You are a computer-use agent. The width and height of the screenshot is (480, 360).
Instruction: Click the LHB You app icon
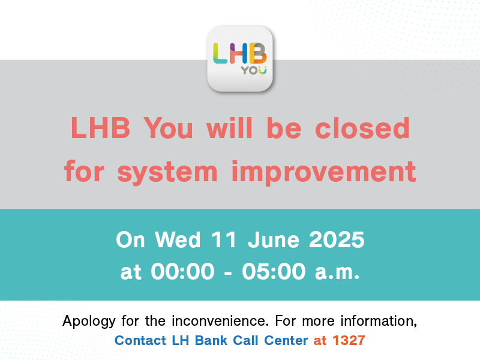coord(240,59)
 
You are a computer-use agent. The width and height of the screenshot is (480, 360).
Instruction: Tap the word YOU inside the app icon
coord(254,70)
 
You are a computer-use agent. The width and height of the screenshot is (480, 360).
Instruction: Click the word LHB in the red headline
coord(100,128)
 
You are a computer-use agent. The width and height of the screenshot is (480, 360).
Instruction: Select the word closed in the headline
coord(362,128)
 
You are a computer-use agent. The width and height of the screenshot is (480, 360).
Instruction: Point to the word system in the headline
coord(167,172)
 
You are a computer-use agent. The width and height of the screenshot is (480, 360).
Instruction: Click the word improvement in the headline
coord(324,172)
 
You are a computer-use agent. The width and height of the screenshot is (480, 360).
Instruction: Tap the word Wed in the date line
coord(178,239)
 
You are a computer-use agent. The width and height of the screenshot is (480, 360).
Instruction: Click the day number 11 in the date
coord(223,239)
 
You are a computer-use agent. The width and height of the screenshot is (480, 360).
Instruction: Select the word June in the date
coord(274,239)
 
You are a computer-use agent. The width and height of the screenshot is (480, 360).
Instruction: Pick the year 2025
coord(337,239)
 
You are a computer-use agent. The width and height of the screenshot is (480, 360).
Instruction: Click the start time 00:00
coord(182,271)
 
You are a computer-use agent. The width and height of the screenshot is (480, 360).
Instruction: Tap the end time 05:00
coord(274,271)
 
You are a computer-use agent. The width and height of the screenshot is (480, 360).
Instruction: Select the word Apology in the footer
coord(89,322)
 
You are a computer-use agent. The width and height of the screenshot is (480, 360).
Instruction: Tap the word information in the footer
coord(379,321)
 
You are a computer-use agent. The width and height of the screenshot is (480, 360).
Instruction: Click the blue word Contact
coord(140,340)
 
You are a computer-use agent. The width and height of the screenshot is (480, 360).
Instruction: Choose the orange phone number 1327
coord(349,340)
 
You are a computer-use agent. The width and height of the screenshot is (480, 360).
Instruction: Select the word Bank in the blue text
coord(211,340)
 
